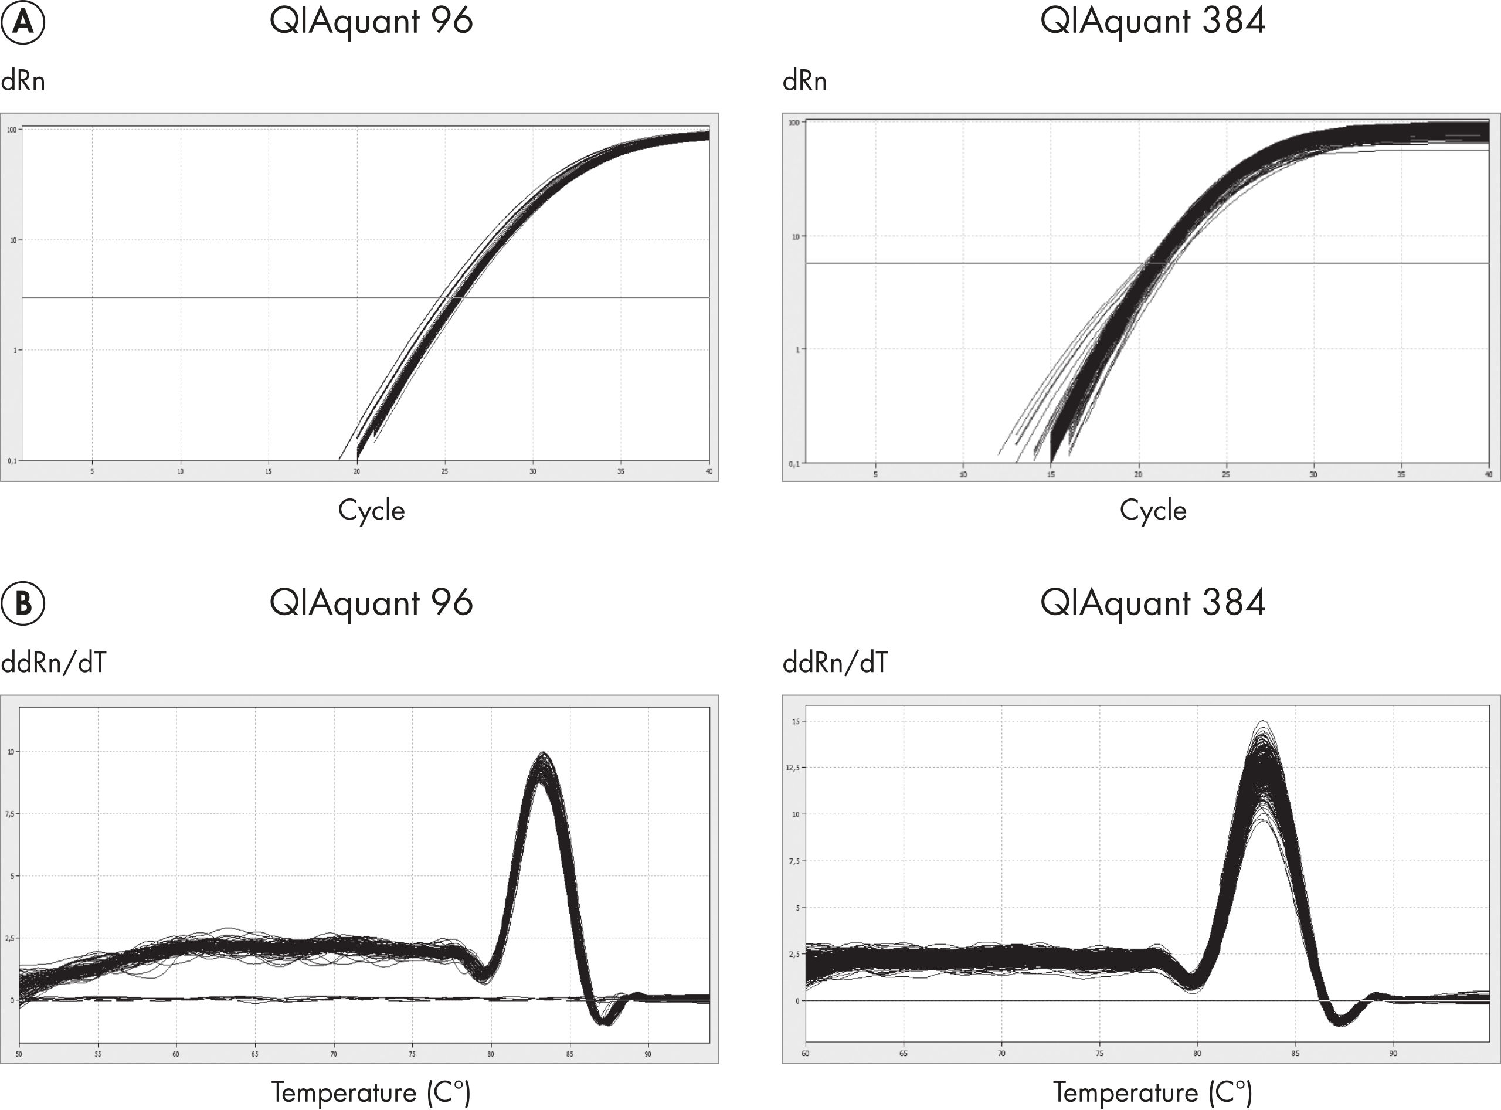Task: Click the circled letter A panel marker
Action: click(23, 23)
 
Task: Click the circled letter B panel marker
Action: click(23, 603)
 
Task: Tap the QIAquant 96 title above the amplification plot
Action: click(371, 22)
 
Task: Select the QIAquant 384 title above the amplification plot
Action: click(1152, 22)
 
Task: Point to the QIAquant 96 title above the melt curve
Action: click(371, 603)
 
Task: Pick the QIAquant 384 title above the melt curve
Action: click(1152, 603)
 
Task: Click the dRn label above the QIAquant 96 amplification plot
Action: click(23, 82)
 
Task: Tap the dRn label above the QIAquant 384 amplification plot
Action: click(804, 82)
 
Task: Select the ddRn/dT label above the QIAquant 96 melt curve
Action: click(53, 663)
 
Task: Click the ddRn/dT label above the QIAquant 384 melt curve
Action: click(834, 663)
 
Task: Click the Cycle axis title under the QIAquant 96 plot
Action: click(371, 511)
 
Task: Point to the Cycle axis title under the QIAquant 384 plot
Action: click(1152, 511)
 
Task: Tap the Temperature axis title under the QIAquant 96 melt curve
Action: click(371, 1092)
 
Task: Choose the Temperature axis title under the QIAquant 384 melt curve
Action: click(1152, 1092)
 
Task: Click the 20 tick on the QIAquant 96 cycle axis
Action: click(356, 471)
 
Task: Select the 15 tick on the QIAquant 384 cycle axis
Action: click(1051, 474)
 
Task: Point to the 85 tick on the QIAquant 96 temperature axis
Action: click(570, 1054)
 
